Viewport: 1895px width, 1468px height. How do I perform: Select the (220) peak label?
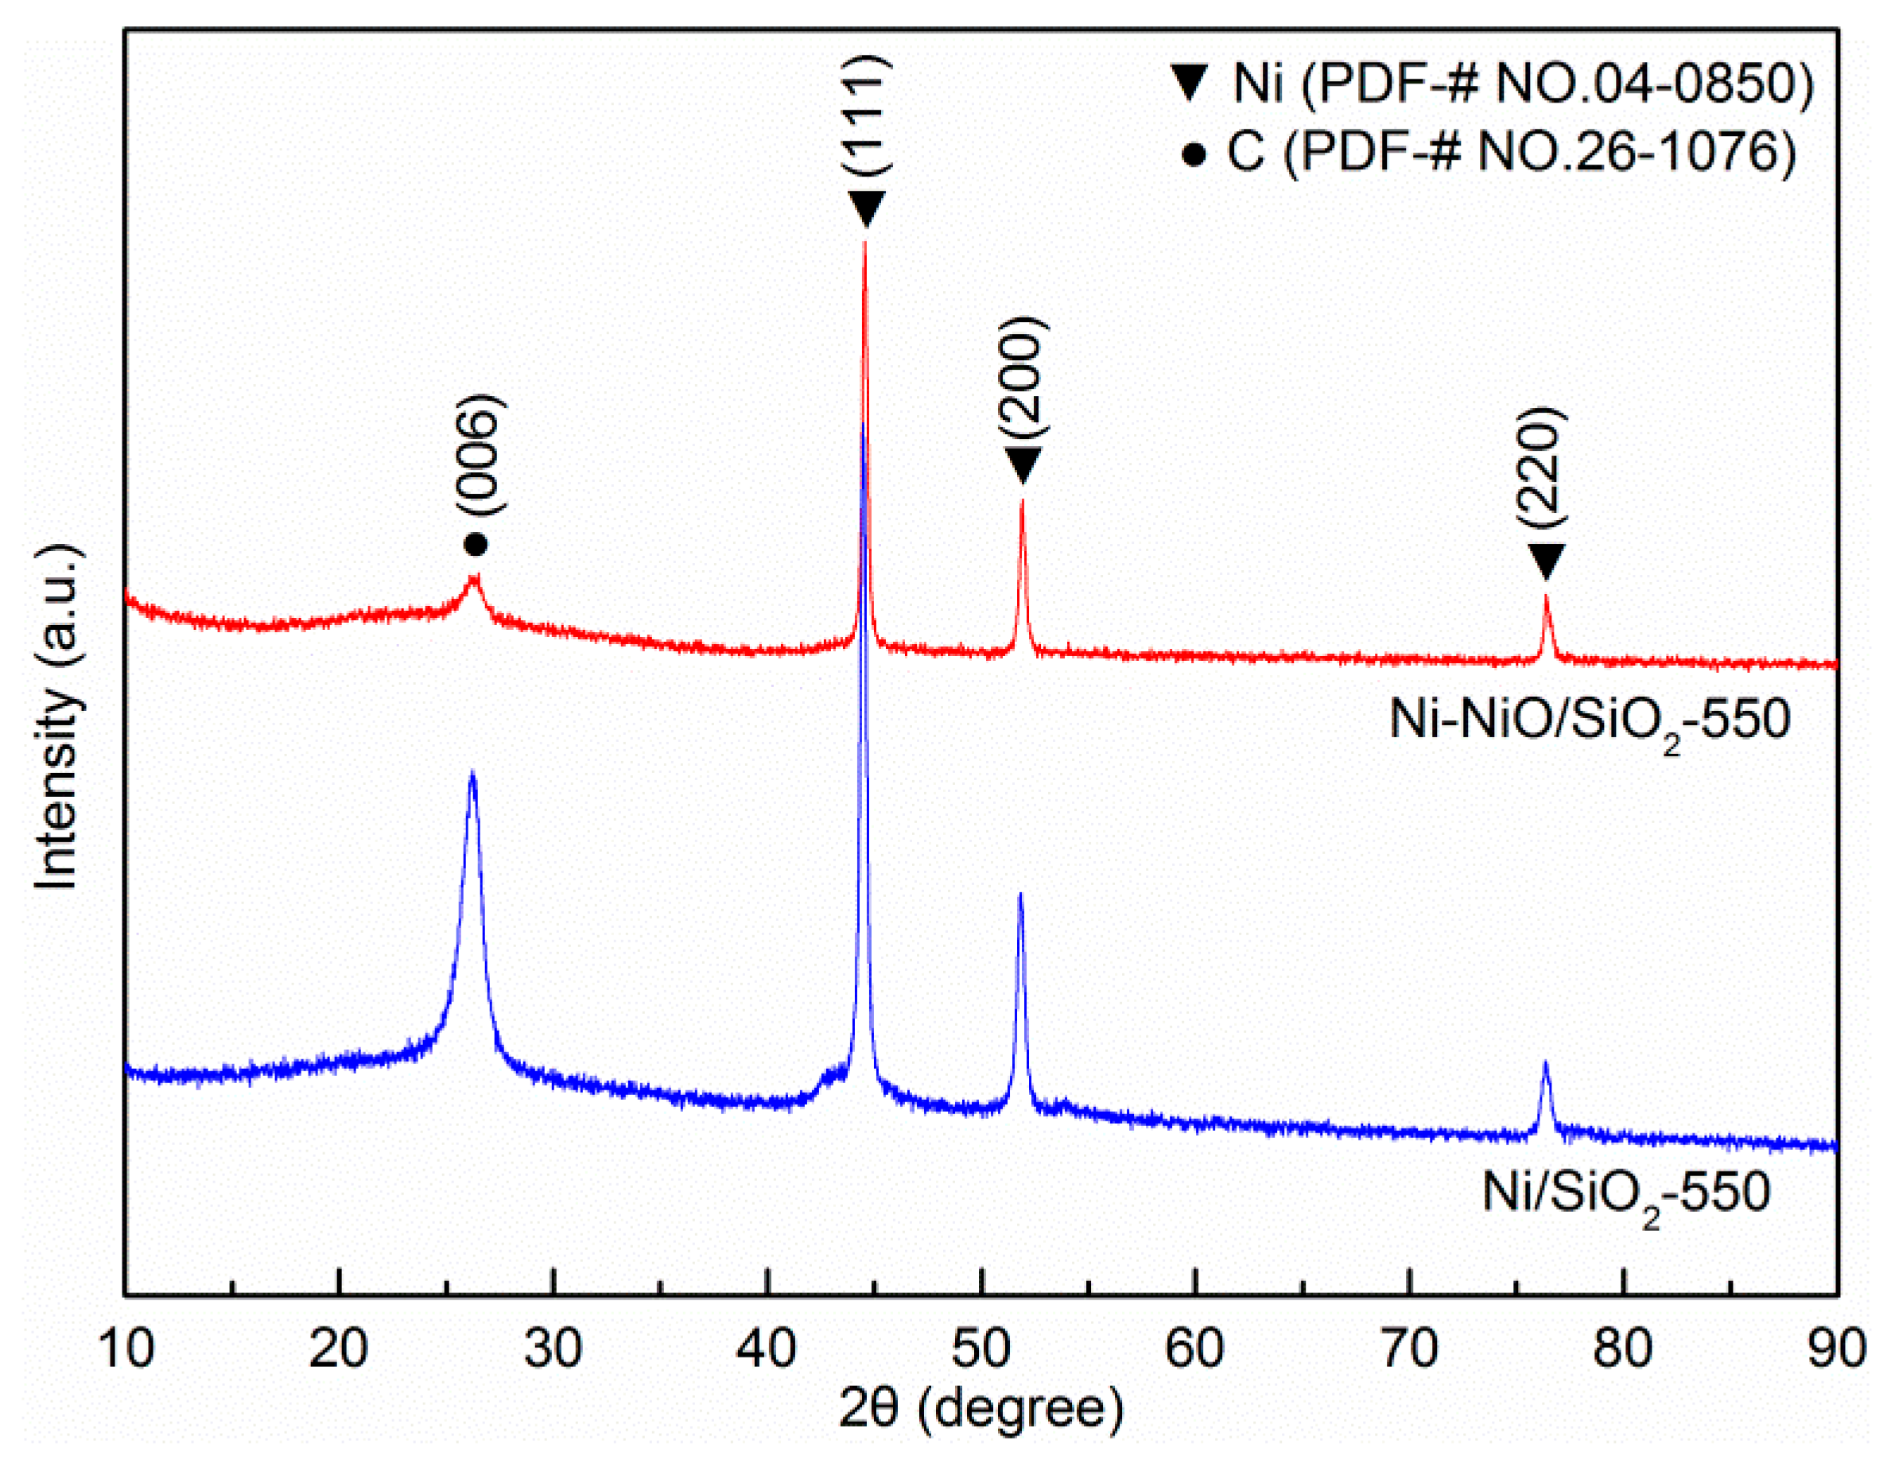1545,466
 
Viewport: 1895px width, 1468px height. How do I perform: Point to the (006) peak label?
479,456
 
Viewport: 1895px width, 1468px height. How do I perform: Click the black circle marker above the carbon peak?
476,545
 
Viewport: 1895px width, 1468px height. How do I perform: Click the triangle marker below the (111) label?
866,208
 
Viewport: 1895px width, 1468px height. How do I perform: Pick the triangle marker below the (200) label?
1023,466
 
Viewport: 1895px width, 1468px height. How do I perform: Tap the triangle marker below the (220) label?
1545,561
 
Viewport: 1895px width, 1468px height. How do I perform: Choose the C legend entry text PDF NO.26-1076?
1511,153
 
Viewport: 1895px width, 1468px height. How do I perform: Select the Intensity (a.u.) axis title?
59,717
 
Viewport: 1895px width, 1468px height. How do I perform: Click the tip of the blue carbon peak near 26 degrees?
472,773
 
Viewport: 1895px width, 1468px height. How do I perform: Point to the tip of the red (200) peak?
1022,501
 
